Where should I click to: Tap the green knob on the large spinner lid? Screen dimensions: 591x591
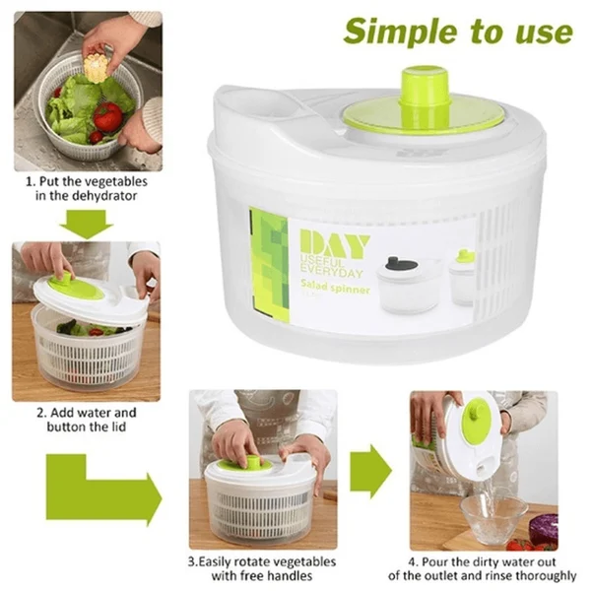426,88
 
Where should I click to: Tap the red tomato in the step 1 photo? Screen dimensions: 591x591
107,117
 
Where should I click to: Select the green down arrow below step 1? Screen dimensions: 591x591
86,224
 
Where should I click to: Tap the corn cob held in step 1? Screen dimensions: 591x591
96,68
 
